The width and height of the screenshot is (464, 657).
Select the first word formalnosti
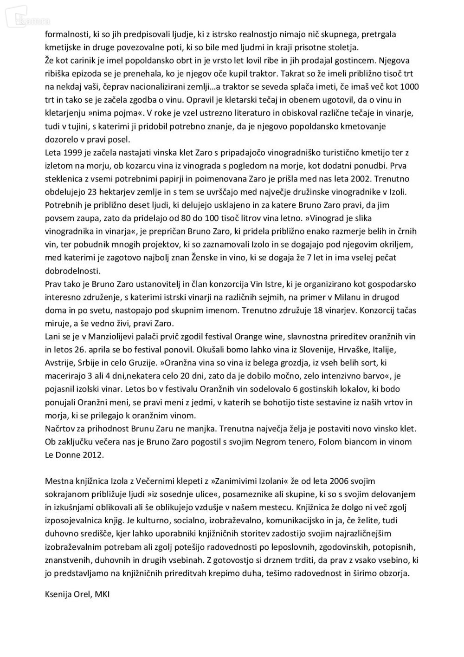tap(67, 34)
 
